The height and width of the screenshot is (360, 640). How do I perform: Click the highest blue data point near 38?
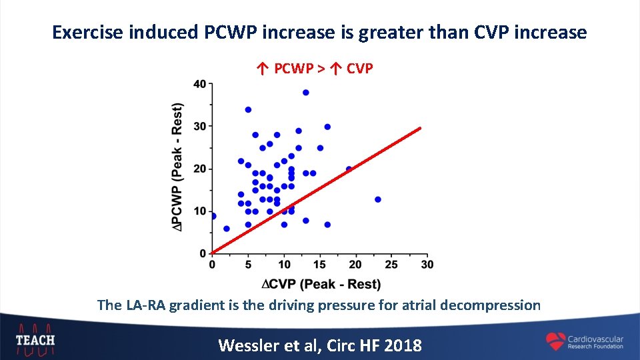click(x=306, y=93)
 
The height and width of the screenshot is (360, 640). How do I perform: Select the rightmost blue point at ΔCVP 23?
click(x=378, y=199)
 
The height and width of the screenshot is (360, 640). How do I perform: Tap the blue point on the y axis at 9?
click(x=213, y=216)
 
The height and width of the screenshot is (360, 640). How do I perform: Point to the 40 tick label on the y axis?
click(x=199, y=84)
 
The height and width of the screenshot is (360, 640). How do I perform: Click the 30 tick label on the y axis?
click(x=199, y=127)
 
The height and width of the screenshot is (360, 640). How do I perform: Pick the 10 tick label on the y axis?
click(x=199, y=211)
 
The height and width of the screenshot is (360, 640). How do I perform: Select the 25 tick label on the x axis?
click(x=391, y=265)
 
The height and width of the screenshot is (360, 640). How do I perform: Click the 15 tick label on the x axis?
click(x=319, y=265)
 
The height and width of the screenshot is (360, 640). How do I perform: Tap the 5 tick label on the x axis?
click(x=248, y=265)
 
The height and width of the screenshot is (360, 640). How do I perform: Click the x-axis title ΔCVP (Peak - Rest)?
click(x=321, y=285)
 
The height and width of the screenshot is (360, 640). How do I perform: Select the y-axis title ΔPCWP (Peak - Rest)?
click(x=177, y=168)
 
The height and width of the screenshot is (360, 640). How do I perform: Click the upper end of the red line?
click(x=420, y=128)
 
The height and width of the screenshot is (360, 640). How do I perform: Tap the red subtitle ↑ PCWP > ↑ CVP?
click(x=315, y=68)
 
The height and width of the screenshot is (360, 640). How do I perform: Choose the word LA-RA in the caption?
click(x=145, y=305)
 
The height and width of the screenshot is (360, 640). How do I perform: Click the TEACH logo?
click(x=35, y=339)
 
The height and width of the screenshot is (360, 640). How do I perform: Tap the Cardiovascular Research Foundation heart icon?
click(x=555, y=342)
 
